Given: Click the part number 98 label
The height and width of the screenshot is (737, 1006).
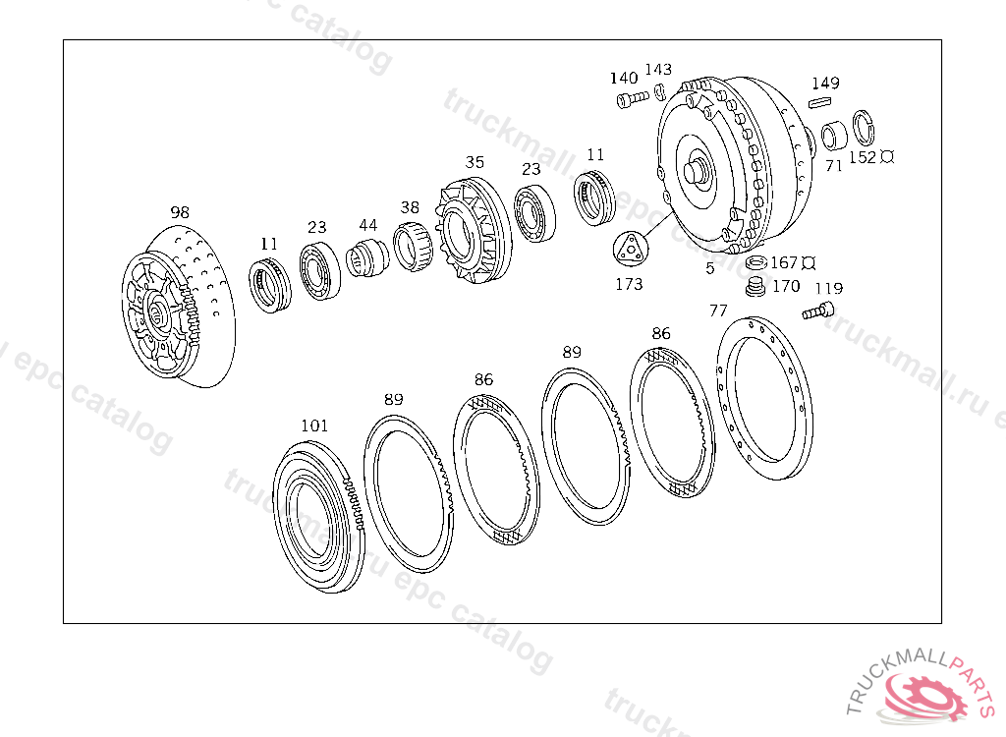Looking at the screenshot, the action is [x=181, y=212].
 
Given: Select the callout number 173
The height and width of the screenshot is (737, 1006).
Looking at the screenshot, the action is [x=629, y=284].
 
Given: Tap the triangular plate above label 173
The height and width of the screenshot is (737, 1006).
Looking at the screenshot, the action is [x=631, y=248].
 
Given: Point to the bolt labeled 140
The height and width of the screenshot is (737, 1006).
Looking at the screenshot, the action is [x=633, y=99].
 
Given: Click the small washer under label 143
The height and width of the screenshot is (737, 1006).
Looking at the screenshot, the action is [x=659, y=91].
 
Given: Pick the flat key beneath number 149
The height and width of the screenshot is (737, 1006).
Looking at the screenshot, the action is [x=821, y=101].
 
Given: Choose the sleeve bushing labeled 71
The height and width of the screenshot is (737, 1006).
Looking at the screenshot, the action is [x=834, y=136].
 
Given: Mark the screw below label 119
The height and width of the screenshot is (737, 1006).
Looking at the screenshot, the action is [x=818, y=312].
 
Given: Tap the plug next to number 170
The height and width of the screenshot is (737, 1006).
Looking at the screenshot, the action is [x=756, y=286].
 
